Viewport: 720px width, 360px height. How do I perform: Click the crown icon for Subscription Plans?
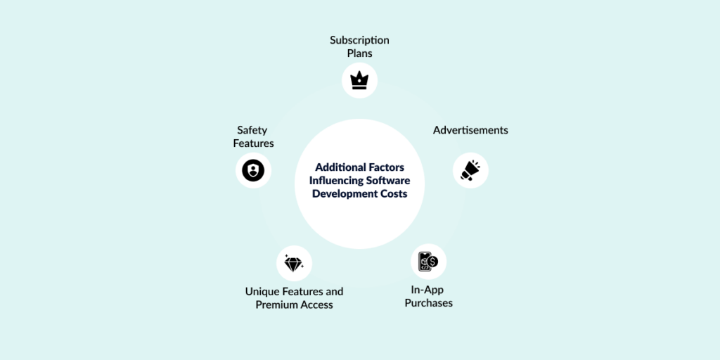[359, 80]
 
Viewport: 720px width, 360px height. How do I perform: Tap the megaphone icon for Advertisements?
[470, 170]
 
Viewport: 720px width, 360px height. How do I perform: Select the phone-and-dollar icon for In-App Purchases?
[428, 262]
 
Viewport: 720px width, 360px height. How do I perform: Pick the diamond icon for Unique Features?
[294, 264]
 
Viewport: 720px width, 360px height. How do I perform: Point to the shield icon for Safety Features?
[253, 170]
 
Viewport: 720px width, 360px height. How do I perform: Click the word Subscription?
[359, 40]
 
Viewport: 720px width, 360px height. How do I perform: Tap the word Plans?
[359, 53]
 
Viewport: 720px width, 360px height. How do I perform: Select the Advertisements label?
[470, 130]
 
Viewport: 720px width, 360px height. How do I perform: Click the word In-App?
[427, 290]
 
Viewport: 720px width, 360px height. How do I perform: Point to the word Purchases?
[428, 303]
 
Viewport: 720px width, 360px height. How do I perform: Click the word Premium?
[276, 304]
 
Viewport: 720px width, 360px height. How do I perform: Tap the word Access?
[316, 304]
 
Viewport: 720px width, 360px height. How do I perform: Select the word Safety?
[252, 130]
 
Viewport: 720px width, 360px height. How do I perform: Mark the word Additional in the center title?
[340, 167]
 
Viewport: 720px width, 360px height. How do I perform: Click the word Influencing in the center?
[336, 181]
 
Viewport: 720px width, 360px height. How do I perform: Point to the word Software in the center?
[387, 181]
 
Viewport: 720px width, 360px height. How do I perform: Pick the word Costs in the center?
[393, 194]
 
